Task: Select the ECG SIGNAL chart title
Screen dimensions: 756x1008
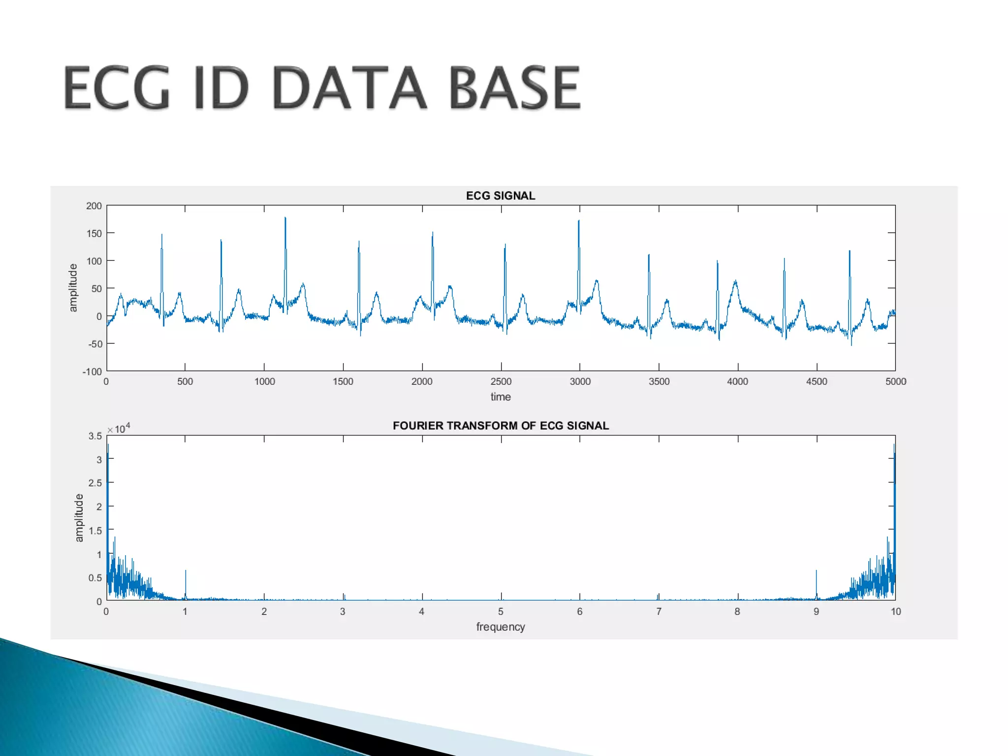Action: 501,195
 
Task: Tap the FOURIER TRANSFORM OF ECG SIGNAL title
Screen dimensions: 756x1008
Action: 501,426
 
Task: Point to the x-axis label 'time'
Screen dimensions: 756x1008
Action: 501,397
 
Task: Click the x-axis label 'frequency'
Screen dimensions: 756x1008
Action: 501,627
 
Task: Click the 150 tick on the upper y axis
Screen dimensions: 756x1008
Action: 94,233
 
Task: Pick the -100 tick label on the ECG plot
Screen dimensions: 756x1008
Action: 92,372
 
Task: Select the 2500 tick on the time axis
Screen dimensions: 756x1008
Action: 501,381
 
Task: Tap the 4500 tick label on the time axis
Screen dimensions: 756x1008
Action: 817,381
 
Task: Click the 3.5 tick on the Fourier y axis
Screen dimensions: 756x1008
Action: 95,436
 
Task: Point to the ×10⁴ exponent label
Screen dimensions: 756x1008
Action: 119,428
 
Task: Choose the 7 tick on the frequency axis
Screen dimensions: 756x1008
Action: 659,611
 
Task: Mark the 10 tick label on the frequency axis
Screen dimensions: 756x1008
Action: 895,611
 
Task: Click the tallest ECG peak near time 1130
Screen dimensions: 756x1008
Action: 285,220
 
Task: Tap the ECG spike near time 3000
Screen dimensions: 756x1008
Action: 579,222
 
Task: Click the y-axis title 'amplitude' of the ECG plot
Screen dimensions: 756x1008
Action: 73,288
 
